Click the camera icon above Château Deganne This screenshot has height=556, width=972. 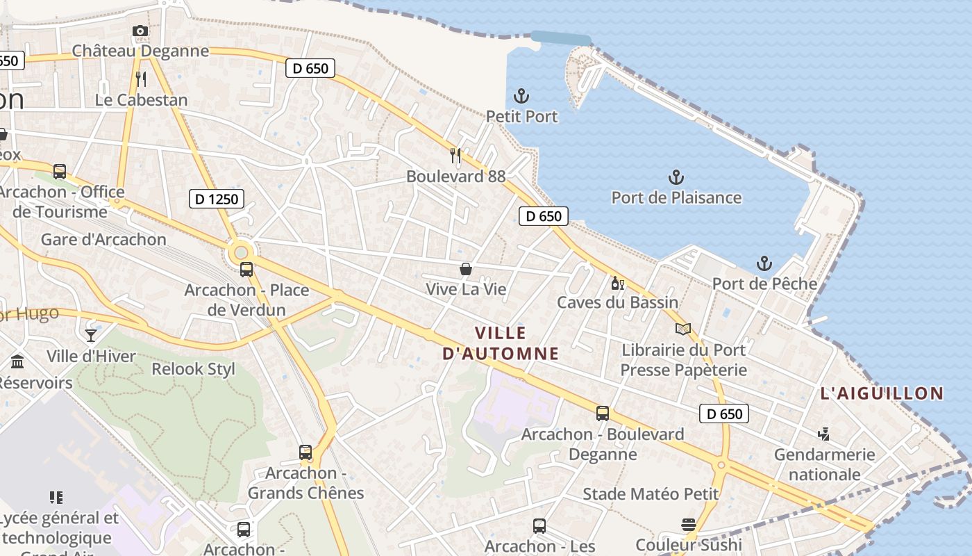tap(140, 31)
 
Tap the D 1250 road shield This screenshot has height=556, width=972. tap(216, 199)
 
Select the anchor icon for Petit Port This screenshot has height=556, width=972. tap(521, 96)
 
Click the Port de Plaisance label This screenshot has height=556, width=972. tap(676, 197)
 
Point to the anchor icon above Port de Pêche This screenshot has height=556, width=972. tap(764, 263)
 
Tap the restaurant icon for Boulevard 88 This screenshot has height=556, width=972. tap(455, 154)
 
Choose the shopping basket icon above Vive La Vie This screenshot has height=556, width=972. tap(466, 268)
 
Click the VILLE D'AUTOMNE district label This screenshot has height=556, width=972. tap(501, 343)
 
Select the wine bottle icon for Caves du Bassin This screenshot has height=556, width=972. tap(617, 283)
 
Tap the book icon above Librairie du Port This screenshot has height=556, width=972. tap(683, 329)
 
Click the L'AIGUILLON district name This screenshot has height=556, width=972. tap(882, 393)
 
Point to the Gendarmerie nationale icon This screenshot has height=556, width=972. tap(824, 434)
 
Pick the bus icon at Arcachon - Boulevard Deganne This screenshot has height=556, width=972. tap(603, 414)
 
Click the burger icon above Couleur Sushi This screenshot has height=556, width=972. tap(689, 525)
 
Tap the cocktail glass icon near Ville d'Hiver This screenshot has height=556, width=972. tap(91, 336)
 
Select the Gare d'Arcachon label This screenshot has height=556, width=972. tap(103, 240)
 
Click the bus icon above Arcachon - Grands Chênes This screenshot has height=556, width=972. tap(305, 452)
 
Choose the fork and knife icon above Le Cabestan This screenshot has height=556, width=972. tap(141, 79)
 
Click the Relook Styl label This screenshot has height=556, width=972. tap(194, 369)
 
